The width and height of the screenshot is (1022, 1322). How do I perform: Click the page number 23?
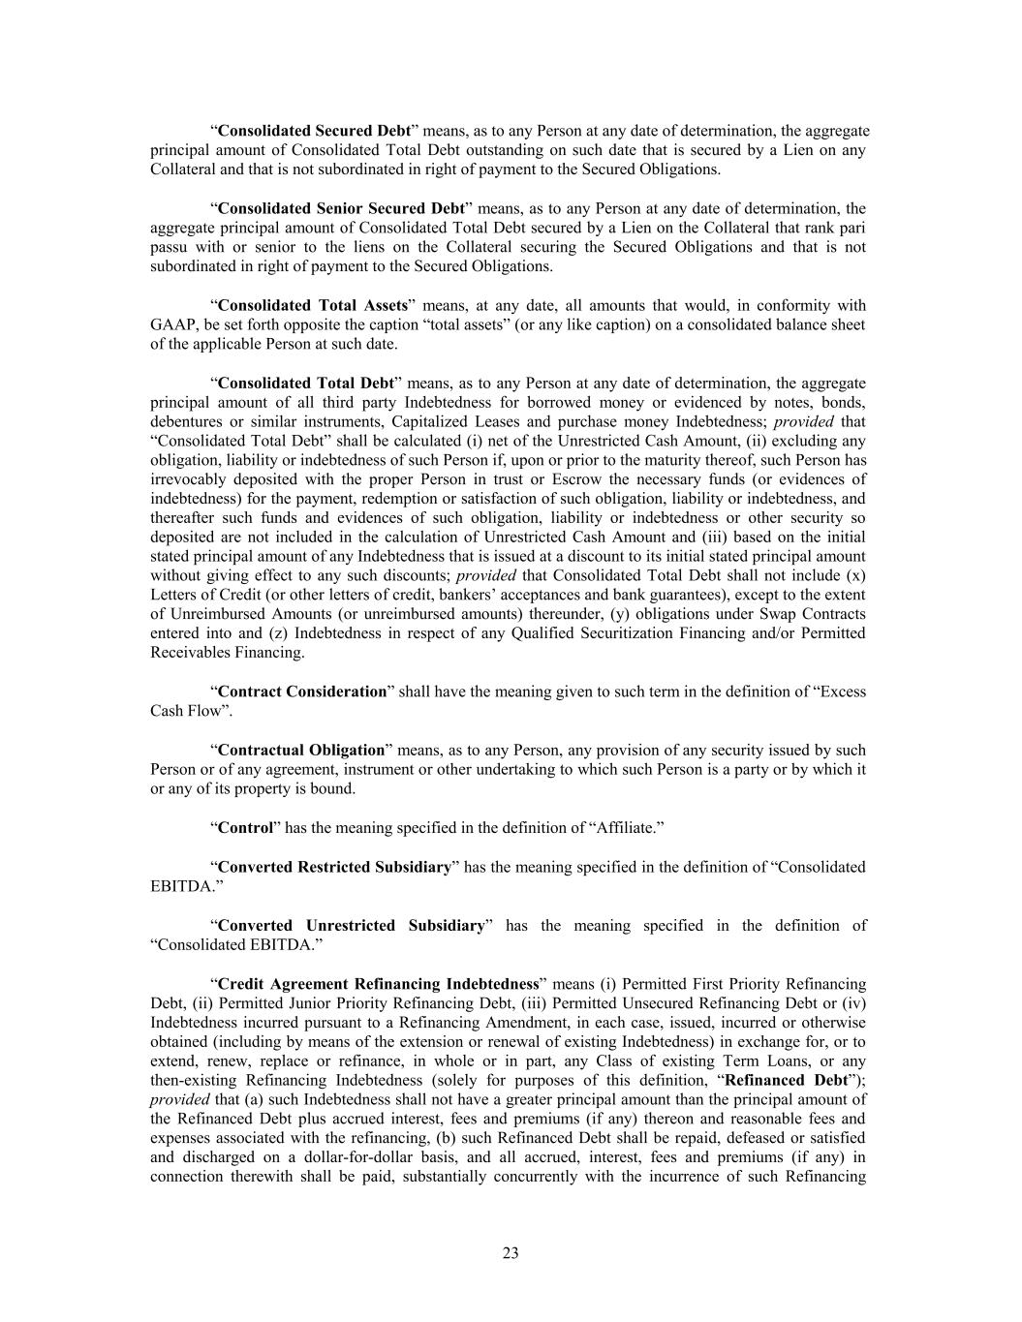(511, 1253)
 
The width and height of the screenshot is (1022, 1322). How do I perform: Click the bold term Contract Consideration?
(302, 692)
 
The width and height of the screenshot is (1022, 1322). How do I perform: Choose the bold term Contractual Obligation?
(301, 750)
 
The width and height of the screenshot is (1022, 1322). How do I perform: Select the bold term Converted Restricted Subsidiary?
(334, 867)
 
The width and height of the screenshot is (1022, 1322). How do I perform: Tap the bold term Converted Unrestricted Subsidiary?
(351, 925)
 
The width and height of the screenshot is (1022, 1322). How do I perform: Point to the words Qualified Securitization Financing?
(574, 633)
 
